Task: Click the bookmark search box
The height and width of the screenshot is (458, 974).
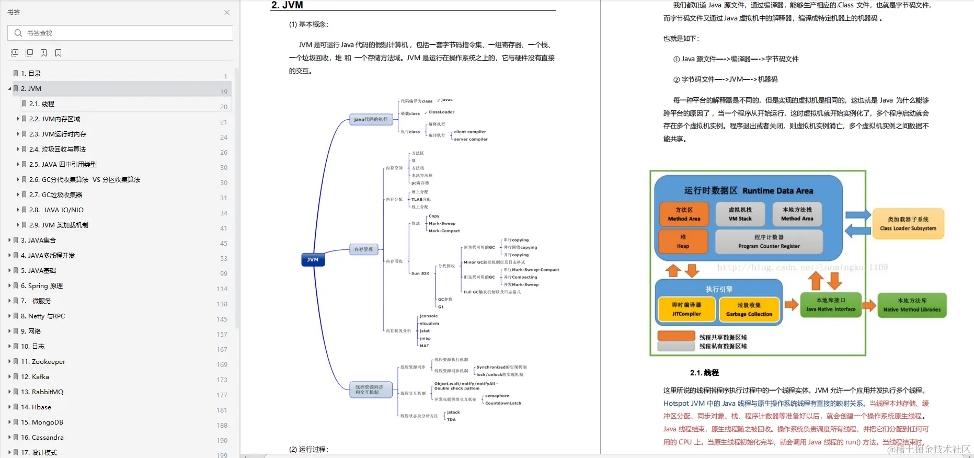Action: click(120, 33)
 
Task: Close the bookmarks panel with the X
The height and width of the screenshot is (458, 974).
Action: click(227, 13)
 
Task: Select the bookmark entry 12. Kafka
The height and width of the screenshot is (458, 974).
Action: click(35, 376)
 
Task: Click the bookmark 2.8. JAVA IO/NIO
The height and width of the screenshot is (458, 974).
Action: click(56, 210)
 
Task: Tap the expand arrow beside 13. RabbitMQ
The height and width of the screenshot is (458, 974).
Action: click(9, 392)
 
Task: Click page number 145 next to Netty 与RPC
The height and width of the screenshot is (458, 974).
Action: click(222, 319)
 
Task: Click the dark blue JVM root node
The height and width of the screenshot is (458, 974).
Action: click(313, 259)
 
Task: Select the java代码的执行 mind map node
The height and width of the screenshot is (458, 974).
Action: click(371, 119)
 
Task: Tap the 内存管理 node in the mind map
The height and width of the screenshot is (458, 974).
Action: click(363, 249)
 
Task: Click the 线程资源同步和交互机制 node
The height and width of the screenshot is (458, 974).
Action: click(370, 390)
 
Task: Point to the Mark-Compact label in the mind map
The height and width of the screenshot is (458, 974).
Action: click(444, 231)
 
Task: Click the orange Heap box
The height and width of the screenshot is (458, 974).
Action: click(683, 241)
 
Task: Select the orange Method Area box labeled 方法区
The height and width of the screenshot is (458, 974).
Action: click(684, 214)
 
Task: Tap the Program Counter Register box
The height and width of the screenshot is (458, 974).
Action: click(769, 241)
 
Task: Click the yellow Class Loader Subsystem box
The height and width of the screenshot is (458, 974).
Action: click(908, 224)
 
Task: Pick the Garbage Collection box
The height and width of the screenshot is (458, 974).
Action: click(749, 310)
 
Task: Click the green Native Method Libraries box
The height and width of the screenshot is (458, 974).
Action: click(912, 305)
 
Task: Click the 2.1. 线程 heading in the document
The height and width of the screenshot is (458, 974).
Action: click(704, 373)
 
